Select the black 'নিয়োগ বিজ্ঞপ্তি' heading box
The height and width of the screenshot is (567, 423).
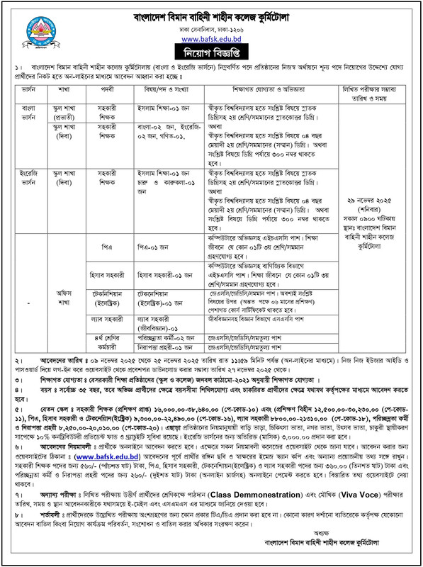(x=210, y=52)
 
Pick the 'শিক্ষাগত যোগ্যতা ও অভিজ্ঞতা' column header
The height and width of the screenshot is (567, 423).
(x=273, y=90)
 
